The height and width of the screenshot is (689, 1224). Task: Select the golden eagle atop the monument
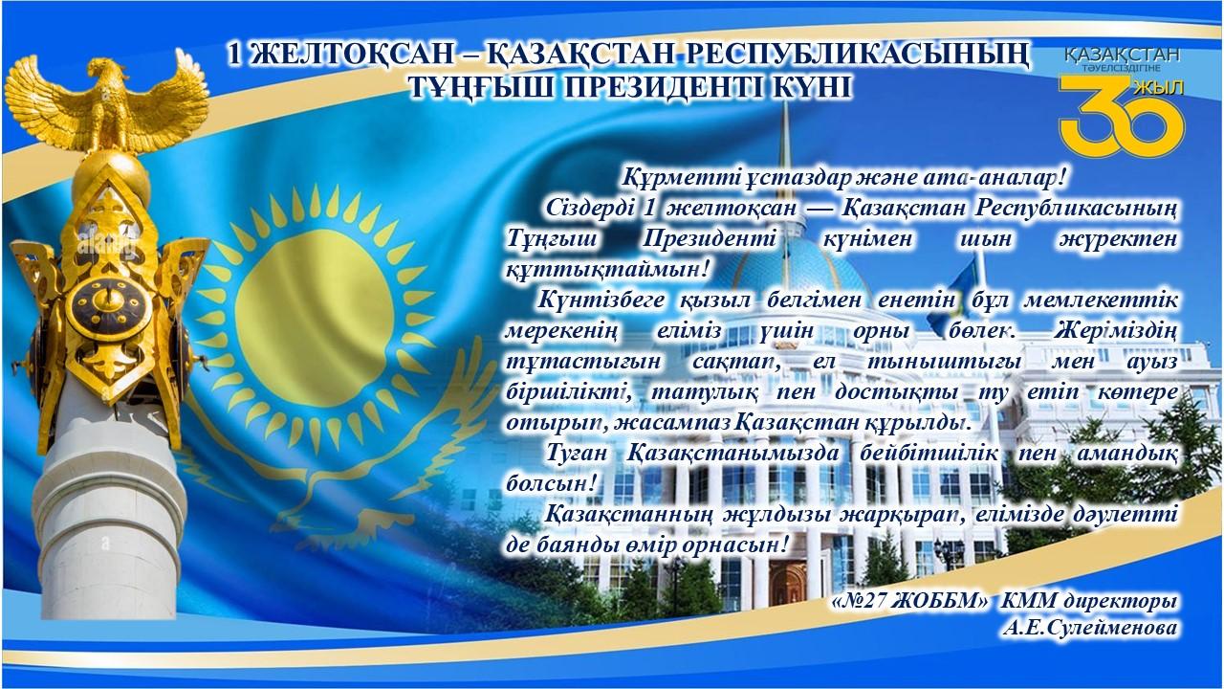coord(107,104)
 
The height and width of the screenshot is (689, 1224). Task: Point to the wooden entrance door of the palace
coord(787,581)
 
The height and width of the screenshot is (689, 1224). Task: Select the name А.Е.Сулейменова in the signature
coord(1090,627)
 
